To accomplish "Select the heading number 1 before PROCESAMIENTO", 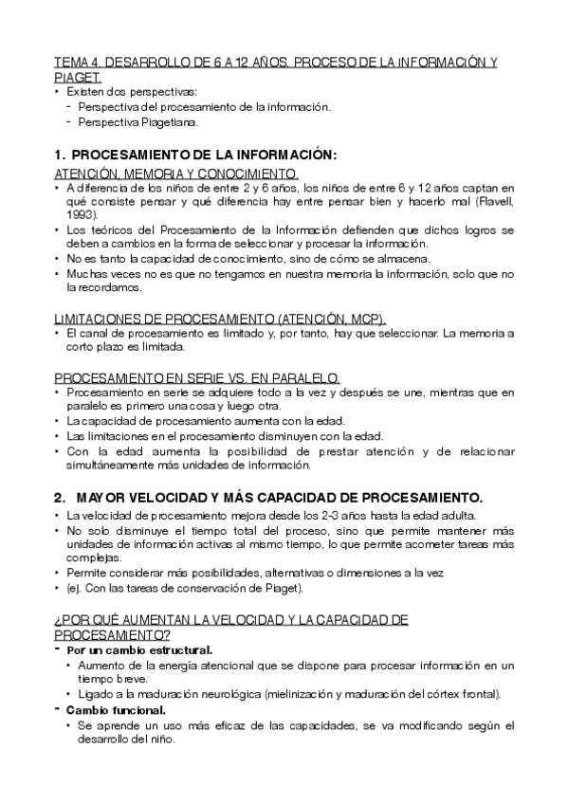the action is coord(59,155).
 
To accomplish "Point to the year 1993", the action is coord(82,215).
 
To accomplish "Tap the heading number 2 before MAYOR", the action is coord(59,497).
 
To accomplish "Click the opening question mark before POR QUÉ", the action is coord(58,619).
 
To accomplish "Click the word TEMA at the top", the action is coord(73,63).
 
